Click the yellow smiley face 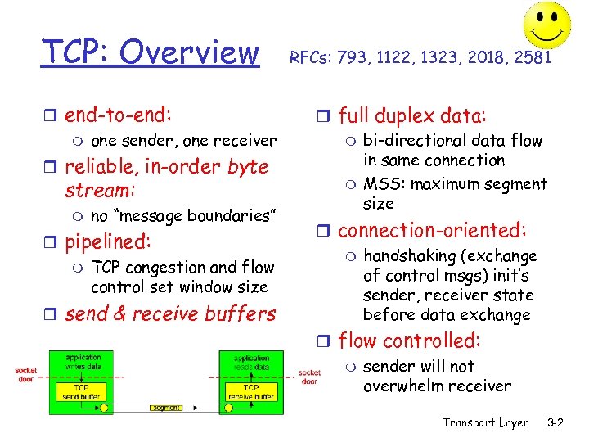pyautogui.click(x=547, y=24)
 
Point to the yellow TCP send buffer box pyautogui.click(x=83, y=392)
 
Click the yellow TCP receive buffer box pyautogui.click(x=251, y=392)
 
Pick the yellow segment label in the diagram pyautogui.click(x=167, y=408)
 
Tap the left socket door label pyautogui.click(x=27, y=376)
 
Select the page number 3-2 pyautogui.click(x=555, y=422)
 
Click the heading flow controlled pyautogui.click(x=409, y=341)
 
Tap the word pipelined pyautogui.click(x=108, y=242)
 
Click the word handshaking pyautogui.click(x=406, y=256)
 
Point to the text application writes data pyautogui.click(x=83, y=363)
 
